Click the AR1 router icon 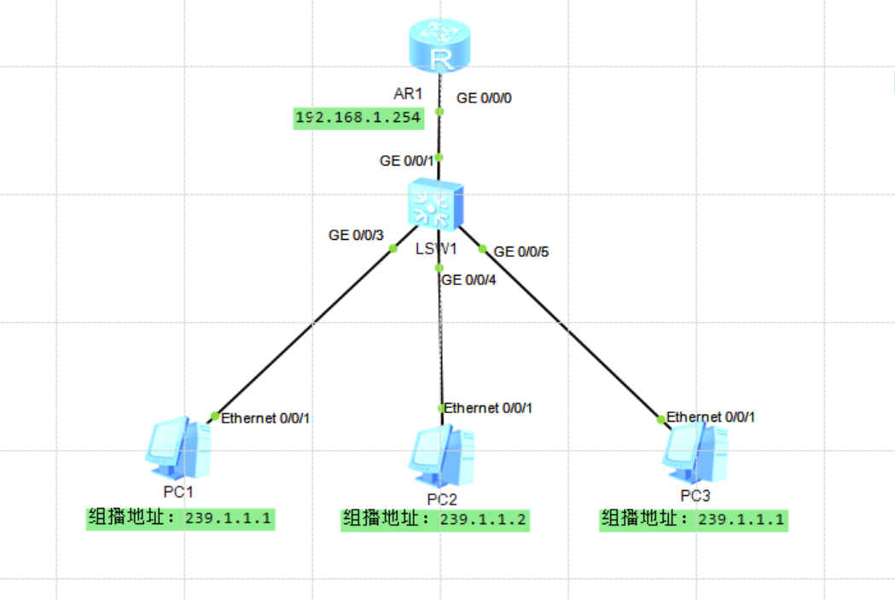(x=440, y=48)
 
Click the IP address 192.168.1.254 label (x=359, y=118)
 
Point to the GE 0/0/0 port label (x=485, y=98)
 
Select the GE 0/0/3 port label (x=356, y=235)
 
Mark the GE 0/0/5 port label (x=521, y=252)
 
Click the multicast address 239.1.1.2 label (x=435, y=519)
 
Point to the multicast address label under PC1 (x=182, y=518)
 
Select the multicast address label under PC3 (x=694, y=519)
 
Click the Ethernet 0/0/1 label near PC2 (x=489, y=408)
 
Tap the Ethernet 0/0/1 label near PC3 (x=711, y=417)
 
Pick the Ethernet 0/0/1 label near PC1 (x=265, y=418)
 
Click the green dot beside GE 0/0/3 (x=393, y=249)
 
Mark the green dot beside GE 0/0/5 (x=482, y=249)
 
